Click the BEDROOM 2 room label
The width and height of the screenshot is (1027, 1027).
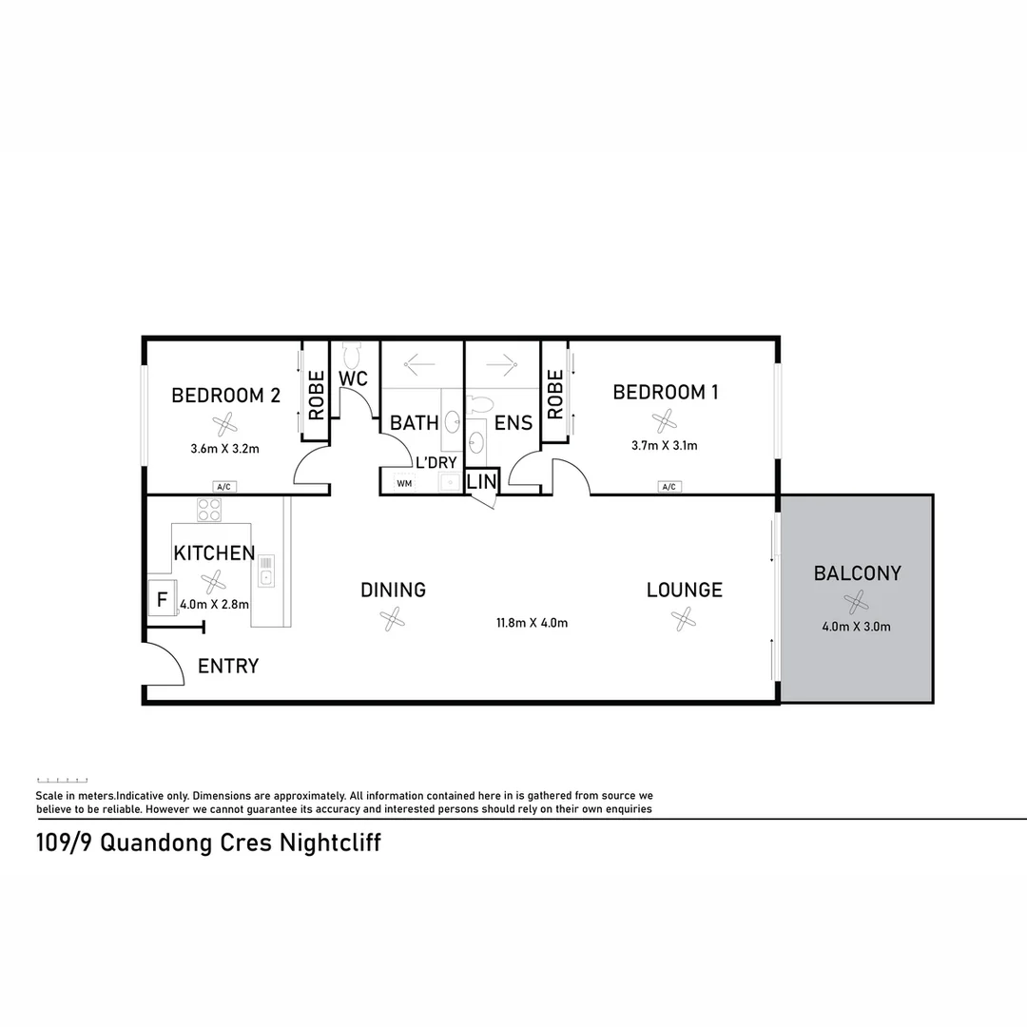tap(225, 396)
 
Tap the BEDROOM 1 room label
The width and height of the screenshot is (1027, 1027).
tap(665, 392)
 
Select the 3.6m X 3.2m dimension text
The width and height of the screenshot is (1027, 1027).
tap(225, 448)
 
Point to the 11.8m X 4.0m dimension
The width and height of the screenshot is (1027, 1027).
tap(532, 624)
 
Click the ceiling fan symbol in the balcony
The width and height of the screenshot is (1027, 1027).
tap(856, 601)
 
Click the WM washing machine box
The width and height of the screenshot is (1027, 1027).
tap(404, 484)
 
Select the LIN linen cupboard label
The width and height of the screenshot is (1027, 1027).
tap(481, 483)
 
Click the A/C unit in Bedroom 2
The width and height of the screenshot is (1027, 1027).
tap(224, 487)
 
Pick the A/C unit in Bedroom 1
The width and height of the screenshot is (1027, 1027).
tap(669, 487)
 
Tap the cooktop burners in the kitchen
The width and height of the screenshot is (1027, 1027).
tap(209, 510)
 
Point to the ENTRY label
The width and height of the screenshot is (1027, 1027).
tap(228, 667)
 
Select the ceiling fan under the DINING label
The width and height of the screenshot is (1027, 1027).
tap(393, 620)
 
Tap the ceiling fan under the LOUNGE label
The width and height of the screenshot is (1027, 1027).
tap(683, 620)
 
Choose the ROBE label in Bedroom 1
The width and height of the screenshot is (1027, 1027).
tap(555, 395)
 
